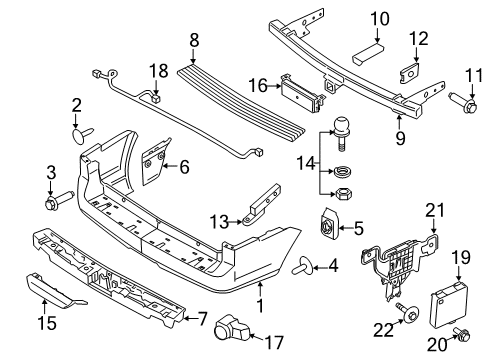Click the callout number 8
point(194,41)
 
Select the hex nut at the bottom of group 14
point(343,193)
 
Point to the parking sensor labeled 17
point(232,328)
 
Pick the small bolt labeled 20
point(462,333)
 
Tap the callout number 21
point(435,211)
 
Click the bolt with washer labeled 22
point(407,312)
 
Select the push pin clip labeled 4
point(302,265)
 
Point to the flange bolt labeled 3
point(59,200)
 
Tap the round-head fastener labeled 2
point(83,135)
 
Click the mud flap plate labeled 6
point(154,162)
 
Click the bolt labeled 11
point(463,103)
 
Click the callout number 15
point(47,323)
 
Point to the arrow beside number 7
point(191,318)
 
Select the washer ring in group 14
point(342,172)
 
